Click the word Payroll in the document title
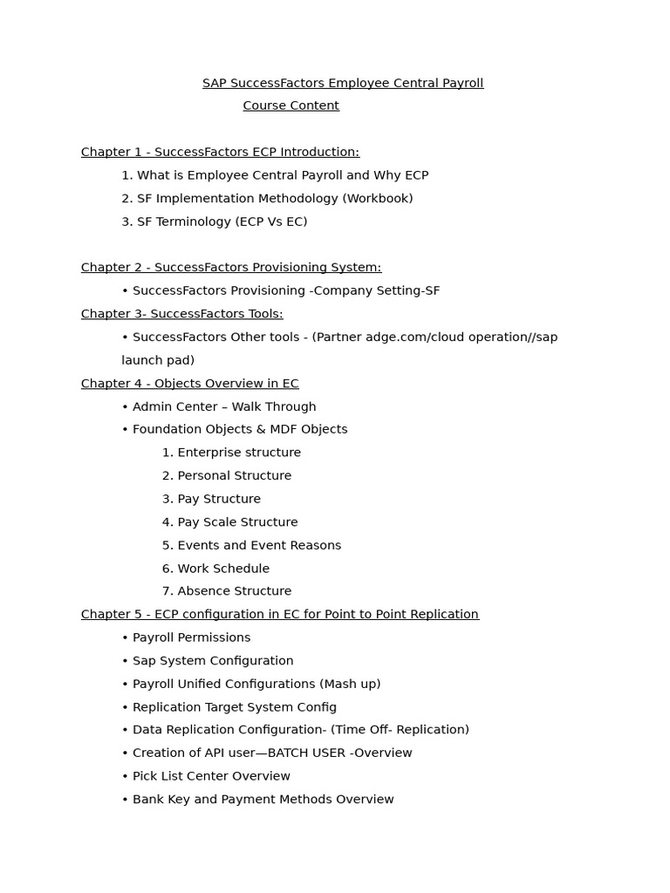click(x=462, y=83)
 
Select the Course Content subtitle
click(x=291, y=106)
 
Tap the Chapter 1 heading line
click(x=220, y=152)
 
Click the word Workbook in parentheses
click(x=378, y=198)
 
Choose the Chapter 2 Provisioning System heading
click(x=231, y=268)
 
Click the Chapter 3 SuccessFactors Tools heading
click(x=181, y=314)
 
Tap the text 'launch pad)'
click(x=158, y=360)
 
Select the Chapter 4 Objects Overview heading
click(x=189, y=384)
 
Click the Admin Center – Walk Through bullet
click(x=224, y=406)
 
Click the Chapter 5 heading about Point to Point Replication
click(x=279, y=615)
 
